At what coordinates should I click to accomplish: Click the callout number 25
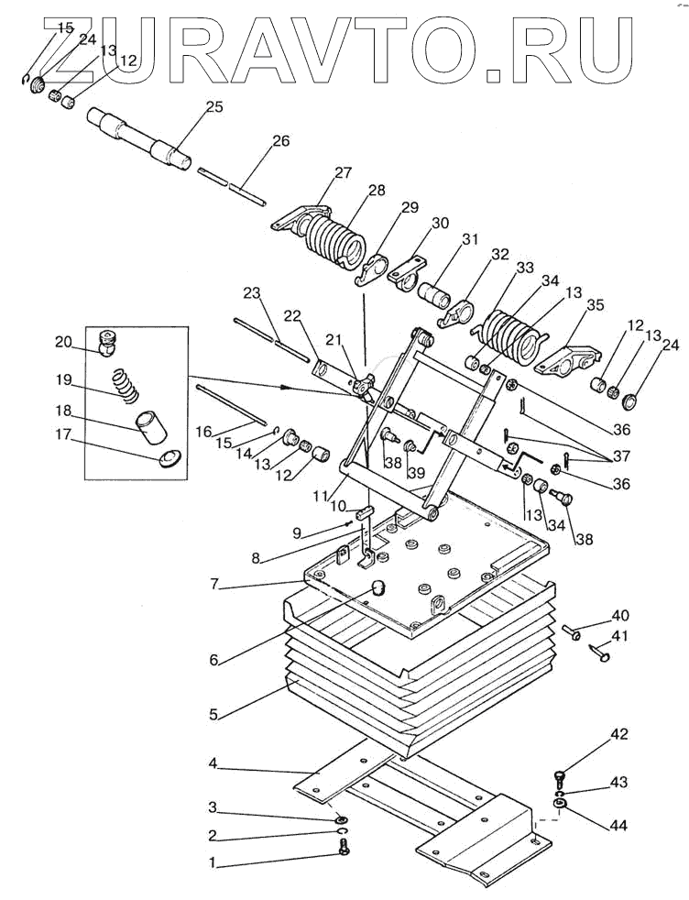(214, 106)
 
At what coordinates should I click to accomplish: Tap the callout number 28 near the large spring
(377, 190)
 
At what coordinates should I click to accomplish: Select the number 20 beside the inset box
(64, 342)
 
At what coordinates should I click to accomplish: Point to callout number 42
(619, 734)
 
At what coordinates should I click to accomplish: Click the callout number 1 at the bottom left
(213, 862)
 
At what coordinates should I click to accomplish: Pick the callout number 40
(620, 615)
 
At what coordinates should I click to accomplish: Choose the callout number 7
(214, 585)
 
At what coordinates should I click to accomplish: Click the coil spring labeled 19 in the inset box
(125, 384)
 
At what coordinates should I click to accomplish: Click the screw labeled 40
(572, 631)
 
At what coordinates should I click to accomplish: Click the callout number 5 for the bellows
(213, 715)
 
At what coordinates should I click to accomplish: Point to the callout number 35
(596, 304)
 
